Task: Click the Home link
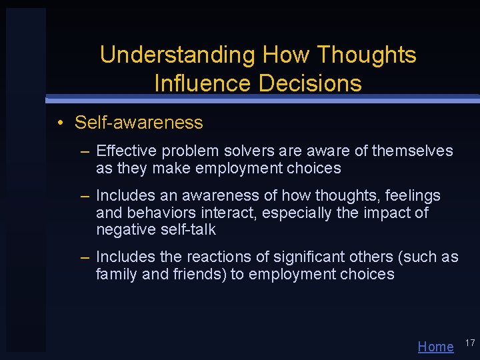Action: tap(435, 346)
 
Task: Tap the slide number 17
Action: tap(469, 343)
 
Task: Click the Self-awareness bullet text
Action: tap(139, 123)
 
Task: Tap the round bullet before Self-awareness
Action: tap(60, 123)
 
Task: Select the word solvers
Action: tap(247, 151)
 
